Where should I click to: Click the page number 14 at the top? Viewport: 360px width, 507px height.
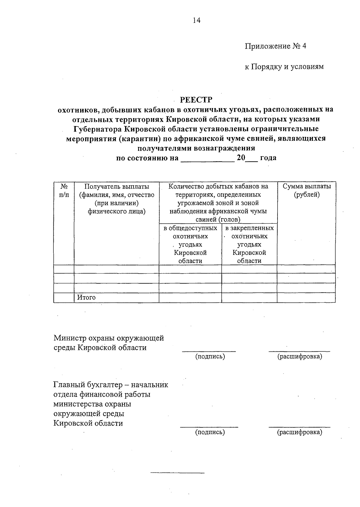(196, 20)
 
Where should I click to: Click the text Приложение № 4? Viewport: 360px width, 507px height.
(275, 46)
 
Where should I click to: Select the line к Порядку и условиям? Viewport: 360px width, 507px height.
(284, 67)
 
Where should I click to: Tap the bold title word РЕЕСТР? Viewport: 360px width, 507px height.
(196, 100)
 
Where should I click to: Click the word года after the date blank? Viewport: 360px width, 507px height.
(268, 158)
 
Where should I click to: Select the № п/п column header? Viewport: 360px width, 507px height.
(64, 191)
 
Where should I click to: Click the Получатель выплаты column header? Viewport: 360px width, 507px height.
(117, 199)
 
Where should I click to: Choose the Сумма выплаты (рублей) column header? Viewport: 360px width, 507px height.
(306, 190)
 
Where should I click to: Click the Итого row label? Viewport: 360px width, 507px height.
(86, 297)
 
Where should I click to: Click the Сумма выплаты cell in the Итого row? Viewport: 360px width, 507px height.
(306, 298)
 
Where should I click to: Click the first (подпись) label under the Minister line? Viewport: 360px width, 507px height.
(210, 356)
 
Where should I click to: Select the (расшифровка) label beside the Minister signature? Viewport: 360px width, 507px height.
(299, 356)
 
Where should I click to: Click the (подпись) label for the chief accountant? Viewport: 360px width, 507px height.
(210, 432)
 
